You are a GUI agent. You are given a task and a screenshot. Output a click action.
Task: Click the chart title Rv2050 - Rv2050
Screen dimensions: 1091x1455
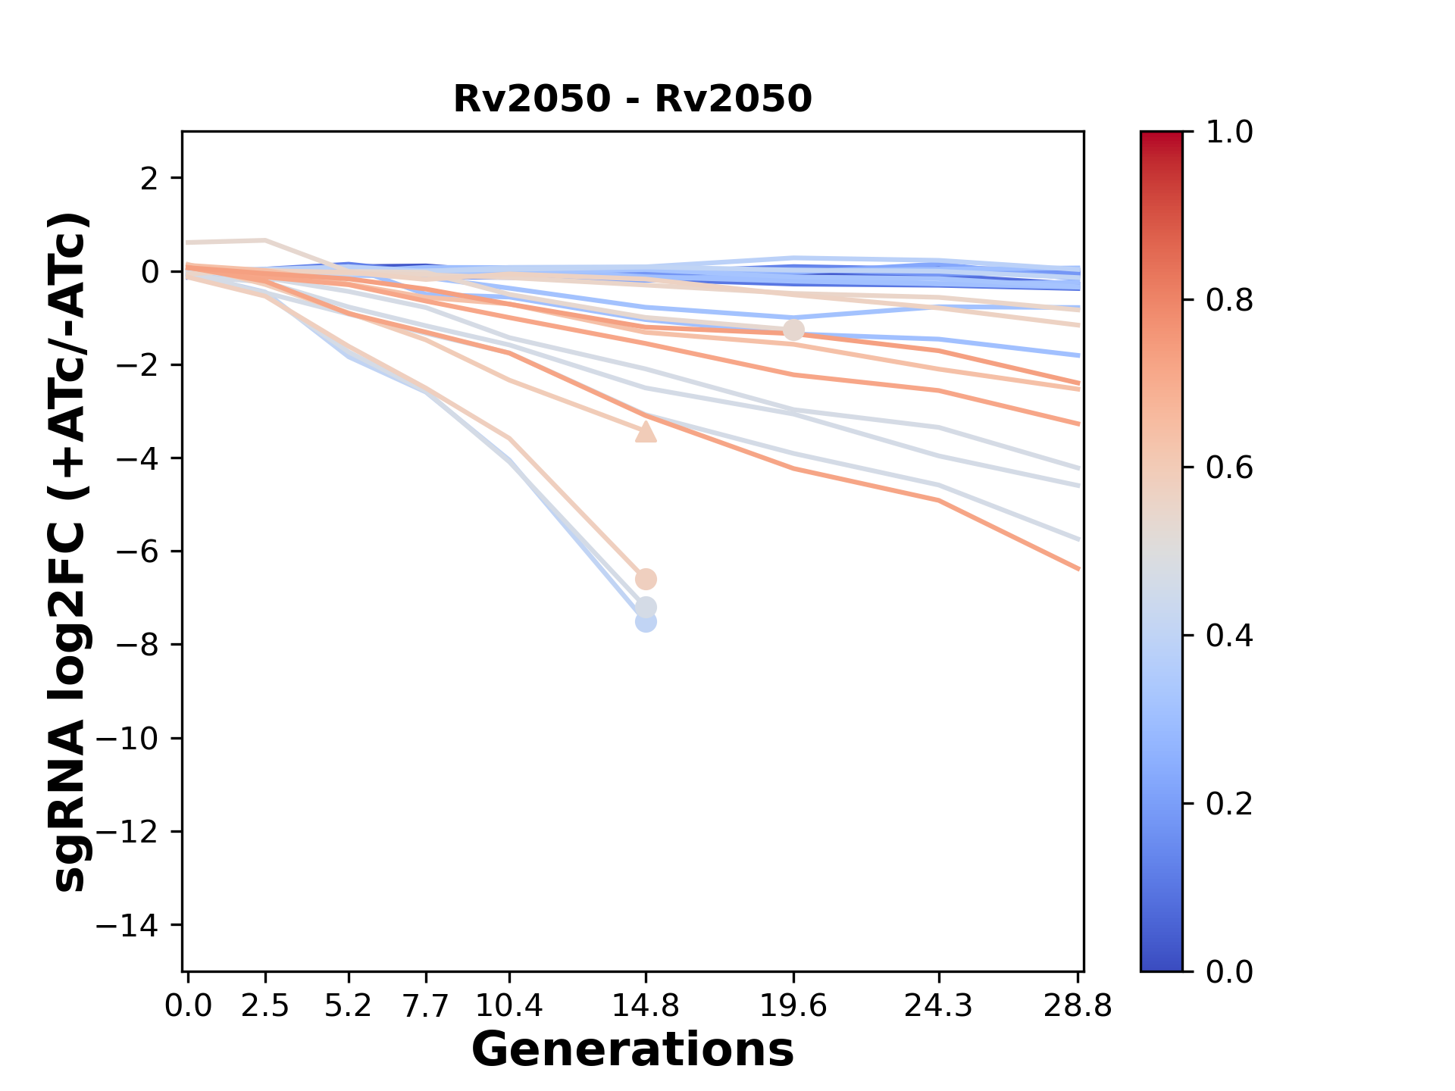pos(632,99)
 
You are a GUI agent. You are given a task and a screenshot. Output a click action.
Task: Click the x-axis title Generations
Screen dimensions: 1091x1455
pos(632,1050)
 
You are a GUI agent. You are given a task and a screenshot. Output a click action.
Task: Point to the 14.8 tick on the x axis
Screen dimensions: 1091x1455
pos(645,1006)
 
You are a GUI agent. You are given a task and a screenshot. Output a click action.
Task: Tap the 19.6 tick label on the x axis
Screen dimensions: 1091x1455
pos(793,1006)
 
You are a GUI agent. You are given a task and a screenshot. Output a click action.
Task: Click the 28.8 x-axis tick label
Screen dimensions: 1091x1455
pos(1078,1006)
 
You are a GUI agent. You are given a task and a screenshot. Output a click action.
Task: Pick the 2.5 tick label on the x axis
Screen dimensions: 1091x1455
pos(265,1006)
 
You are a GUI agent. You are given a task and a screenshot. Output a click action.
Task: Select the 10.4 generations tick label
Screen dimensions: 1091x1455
pos(508,1006)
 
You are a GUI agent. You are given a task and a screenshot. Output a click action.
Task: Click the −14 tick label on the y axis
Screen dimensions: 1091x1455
pos(127,925)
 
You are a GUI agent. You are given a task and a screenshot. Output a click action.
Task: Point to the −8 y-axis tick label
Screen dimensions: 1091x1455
pos(136,645)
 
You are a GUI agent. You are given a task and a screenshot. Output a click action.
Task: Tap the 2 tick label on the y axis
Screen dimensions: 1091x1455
pos(150,179)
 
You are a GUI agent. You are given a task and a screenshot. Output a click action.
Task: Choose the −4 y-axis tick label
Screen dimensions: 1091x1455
pos(136,458)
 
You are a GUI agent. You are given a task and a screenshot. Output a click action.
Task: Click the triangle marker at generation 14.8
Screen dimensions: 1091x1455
pos(645,432)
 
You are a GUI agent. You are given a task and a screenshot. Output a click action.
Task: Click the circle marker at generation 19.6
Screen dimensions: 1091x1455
pos(793,330)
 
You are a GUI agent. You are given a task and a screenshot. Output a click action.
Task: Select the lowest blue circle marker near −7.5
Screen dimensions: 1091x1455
pos(645,622)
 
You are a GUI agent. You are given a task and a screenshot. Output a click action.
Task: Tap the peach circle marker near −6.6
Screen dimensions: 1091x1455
pos(645,580)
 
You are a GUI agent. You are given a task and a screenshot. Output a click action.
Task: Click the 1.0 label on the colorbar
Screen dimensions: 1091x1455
pos(1228,133)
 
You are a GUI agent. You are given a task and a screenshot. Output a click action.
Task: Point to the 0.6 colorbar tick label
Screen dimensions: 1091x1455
pos(1228,468)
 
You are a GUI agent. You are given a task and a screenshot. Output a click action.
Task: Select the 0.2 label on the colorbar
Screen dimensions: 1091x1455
pos(1228,803)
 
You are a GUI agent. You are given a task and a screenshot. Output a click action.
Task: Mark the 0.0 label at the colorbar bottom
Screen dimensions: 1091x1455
pos(1228,971)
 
